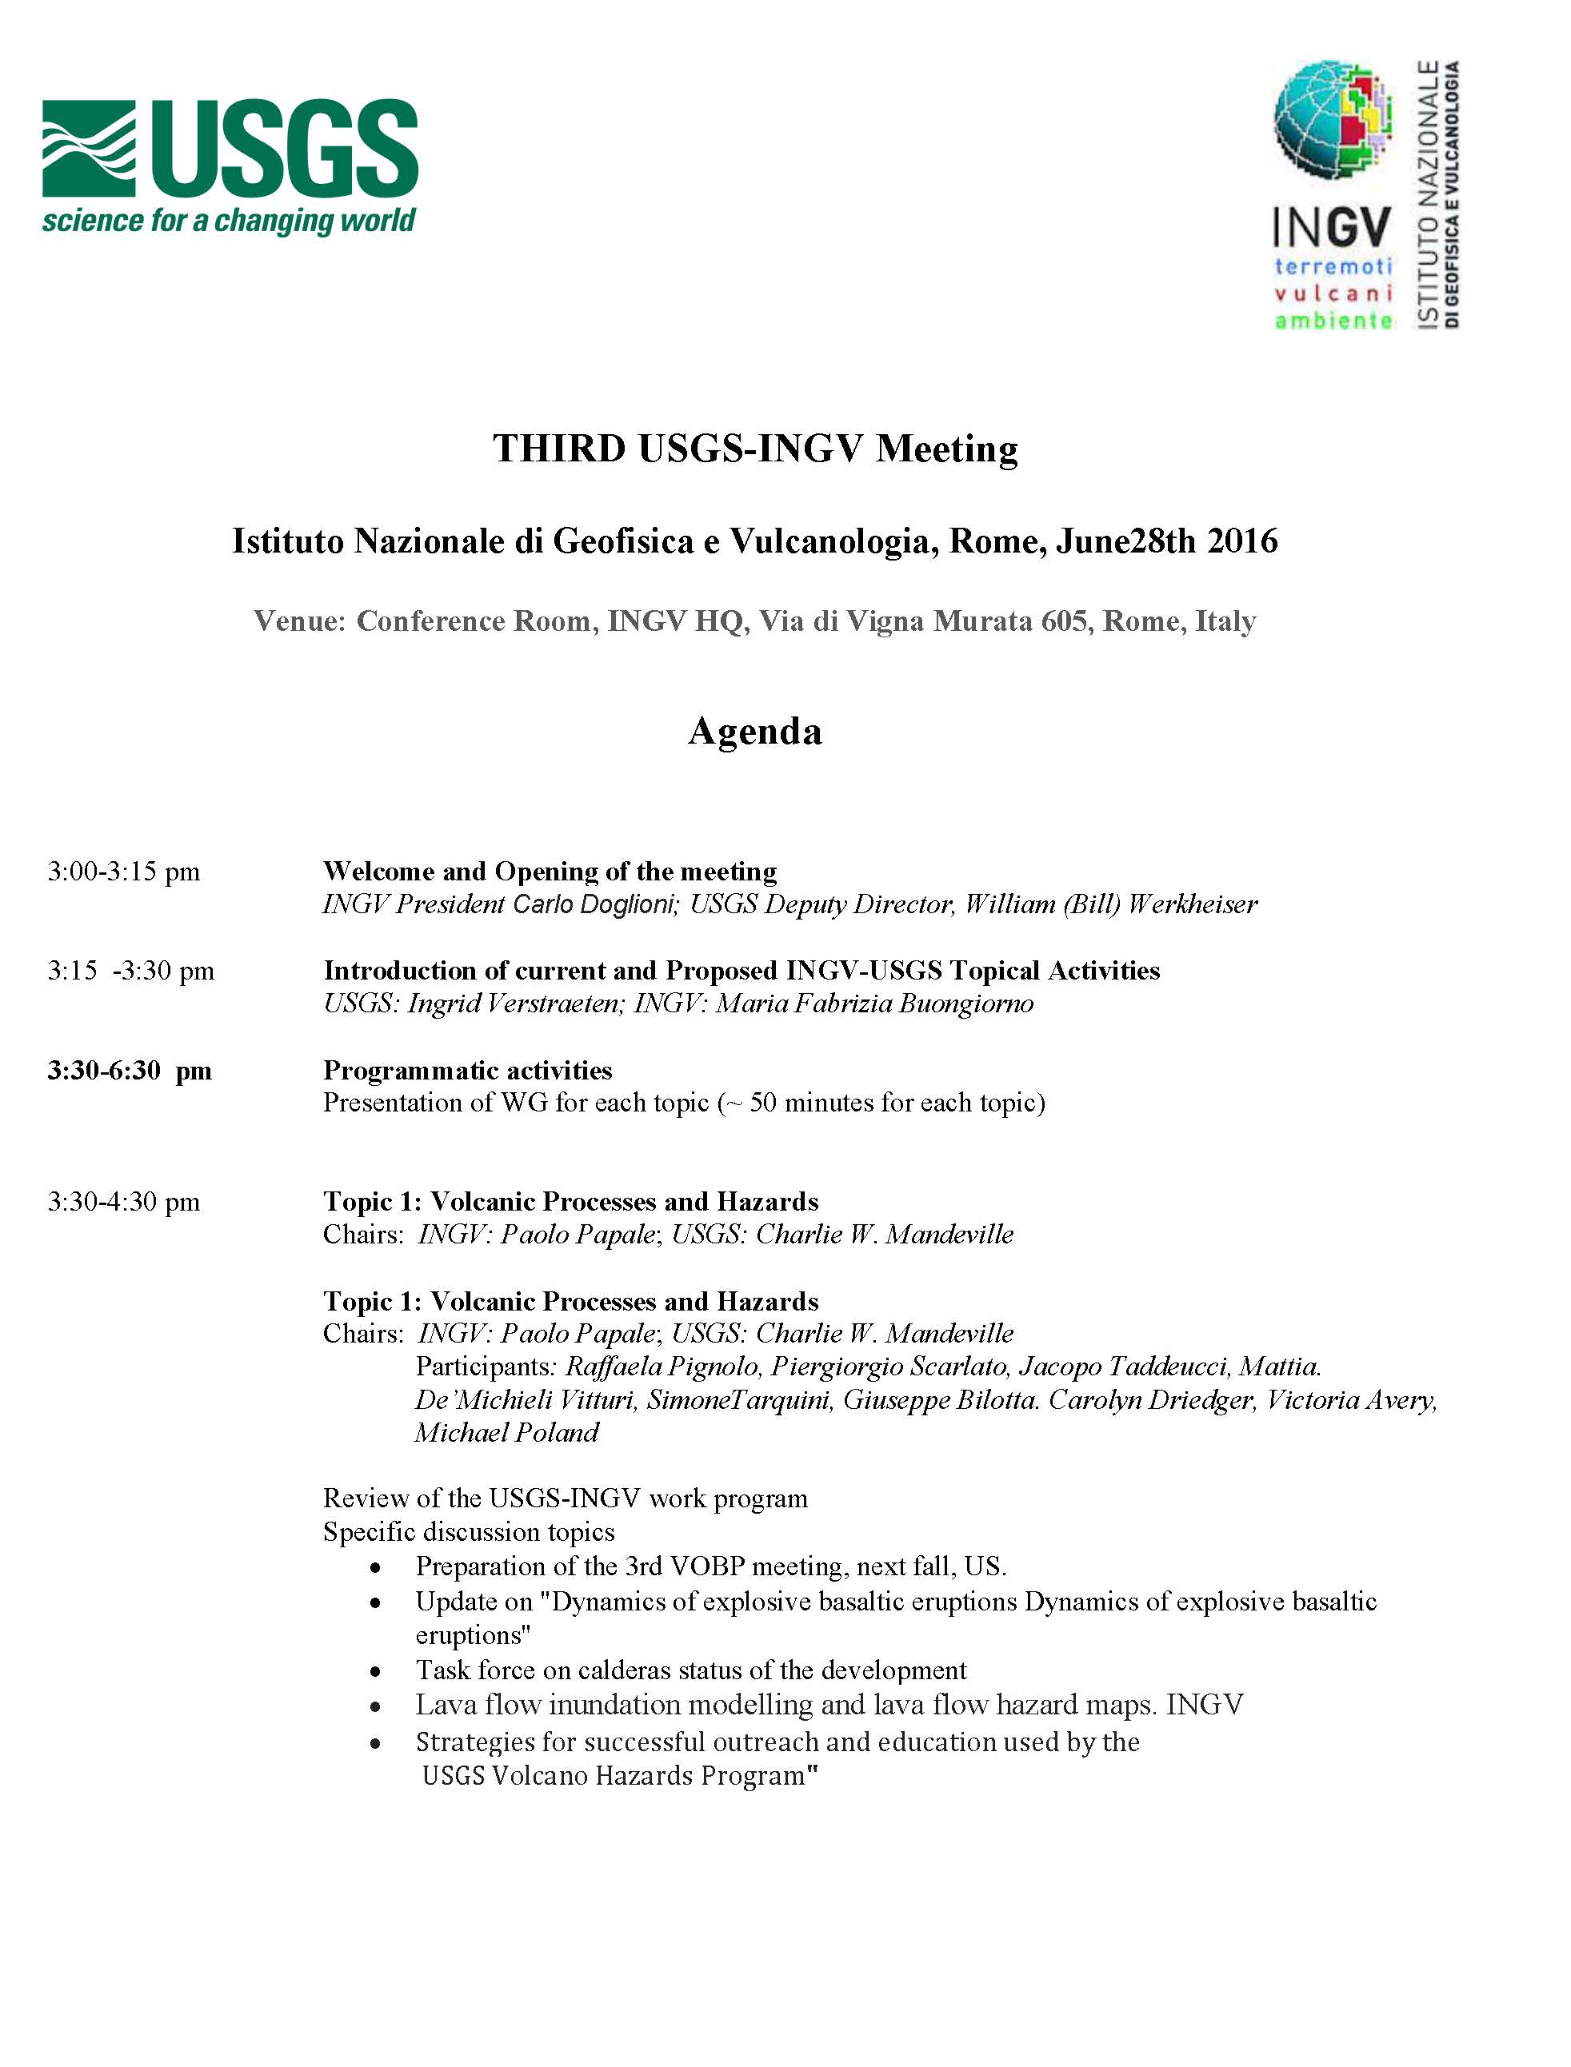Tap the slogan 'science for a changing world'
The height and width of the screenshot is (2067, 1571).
pyautogui.click(x=228, y=221)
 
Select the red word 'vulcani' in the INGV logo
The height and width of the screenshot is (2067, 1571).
pyautogui.click(x=1333, y=293)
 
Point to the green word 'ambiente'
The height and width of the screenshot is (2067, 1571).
pyautogui.click(x=1333, y=321)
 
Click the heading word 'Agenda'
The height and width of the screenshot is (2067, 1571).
pyautogui.click(x=754, y=731)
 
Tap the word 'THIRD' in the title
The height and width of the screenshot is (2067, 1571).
pyautogui.click(x=559, y=449)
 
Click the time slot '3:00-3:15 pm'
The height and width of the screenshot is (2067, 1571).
pyautogui.click(x=123, y=872)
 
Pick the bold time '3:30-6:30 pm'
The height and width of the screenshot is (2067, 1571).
pyautogui.click(x=129, y=1071)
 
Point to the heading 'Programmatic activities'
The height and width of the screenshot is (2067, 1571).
pyautogui.click(x=468, y=1071)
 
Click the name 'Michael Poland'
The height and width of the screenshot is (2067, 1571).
pyautogui.click(x=507, y=1432)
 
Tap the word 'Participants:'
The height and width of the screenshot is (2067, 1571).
pyautogui.click(x=486, y=1367)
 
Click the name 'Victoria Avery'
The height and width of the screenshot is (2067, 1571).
pyautogui.click(x=1350, y=1399)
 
